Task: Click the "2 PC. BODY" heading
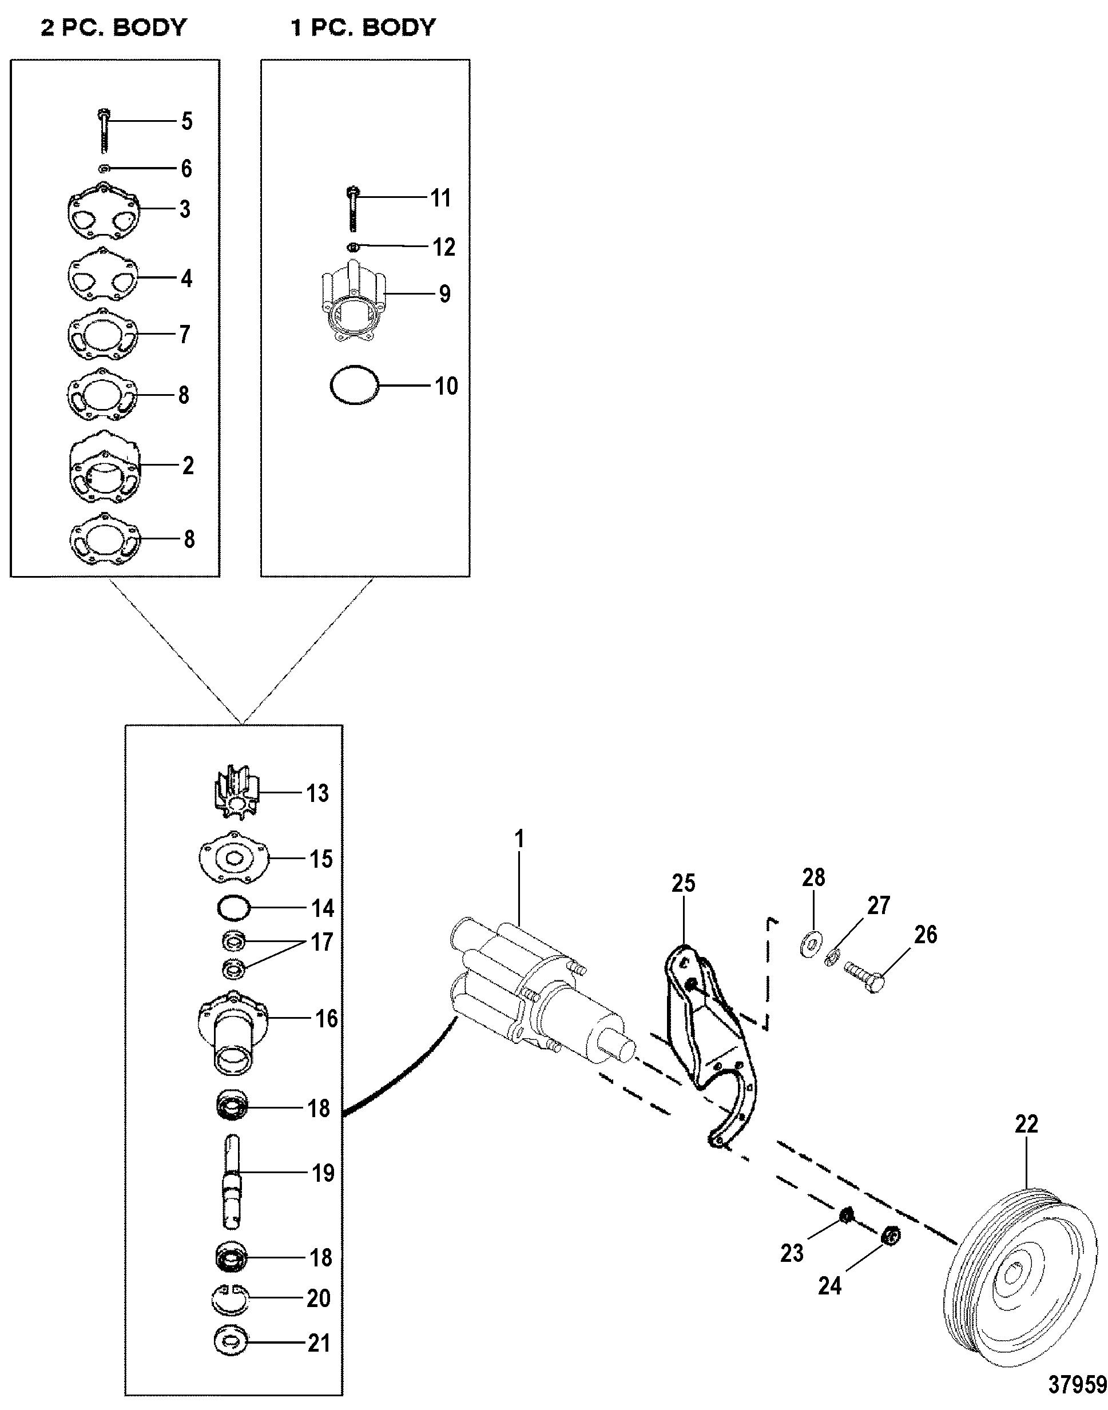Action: (x=113, y=28)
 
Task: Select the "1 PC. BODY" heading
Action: (x=363, y=28)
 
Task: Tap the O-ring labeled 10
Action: (x=354, y=386)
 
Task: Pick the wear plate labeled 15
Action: (x=233, y=859)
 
